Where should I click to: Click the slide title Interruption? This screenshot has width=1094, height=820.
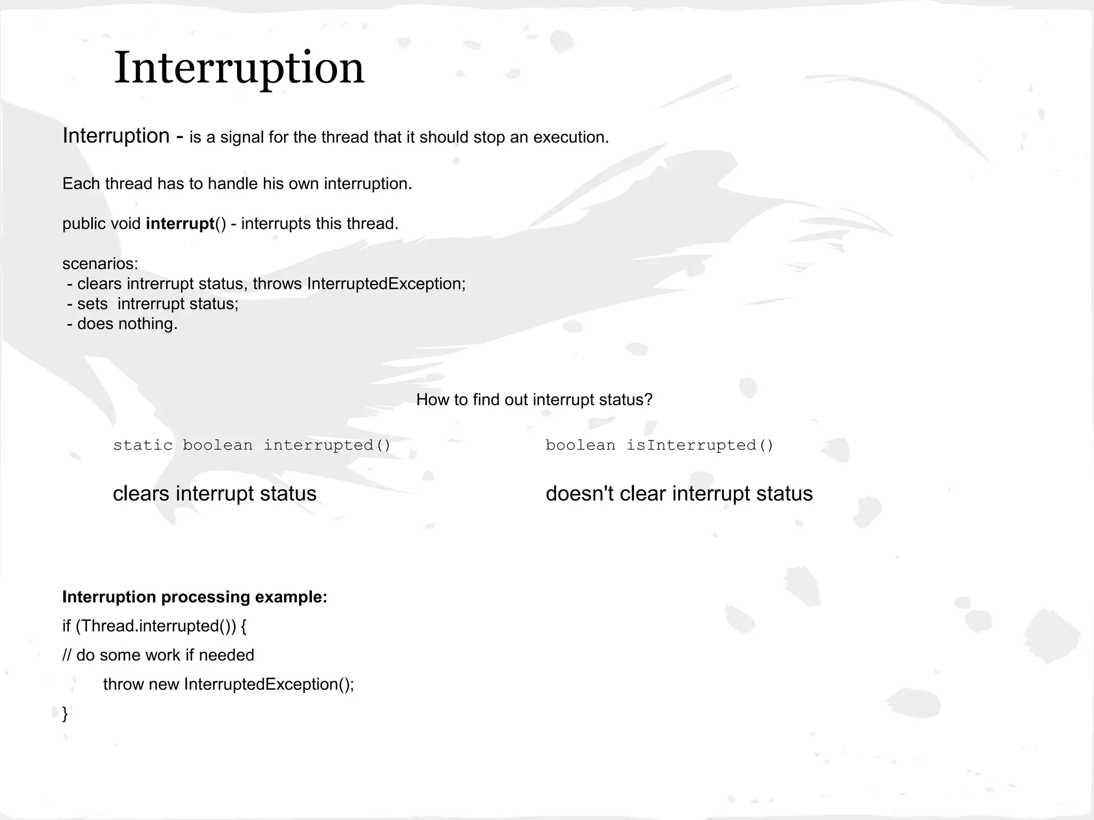[x=239, y=68]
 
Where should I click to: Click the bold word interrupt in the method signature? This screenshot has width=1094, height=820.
[x=180, y=224]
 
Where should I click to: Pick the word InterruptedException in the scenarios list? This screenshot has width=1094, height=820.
[x=386, y=284]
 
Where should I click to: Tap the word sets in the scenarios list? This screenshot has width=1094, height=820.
[x=92, y=304]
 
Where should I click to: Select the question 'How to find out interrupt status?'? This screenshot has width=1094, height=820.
[x=534, y=400]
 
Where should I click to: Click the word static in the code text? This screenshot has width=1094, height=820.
[x=143, y=445]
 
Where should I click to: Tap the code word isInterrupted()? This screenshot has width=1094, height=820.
[x=700, y=445]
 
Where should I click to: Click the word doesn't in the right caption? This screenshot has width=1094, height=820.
[x=580, y=494]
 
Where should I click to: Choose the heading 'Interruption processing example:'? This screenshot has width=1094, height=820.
[x=194, y=597]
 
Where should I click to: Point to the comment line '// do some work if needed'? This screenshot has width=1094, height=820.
[x=158, y=656]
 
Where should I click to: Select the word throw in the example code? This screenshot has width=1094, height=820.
[x=123, y=684]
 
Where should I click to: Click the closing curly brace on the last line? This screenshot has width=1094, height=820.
[x=65, y=714]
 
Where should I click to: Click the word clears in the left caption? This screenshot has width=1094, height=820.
[x=141, y=494]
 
